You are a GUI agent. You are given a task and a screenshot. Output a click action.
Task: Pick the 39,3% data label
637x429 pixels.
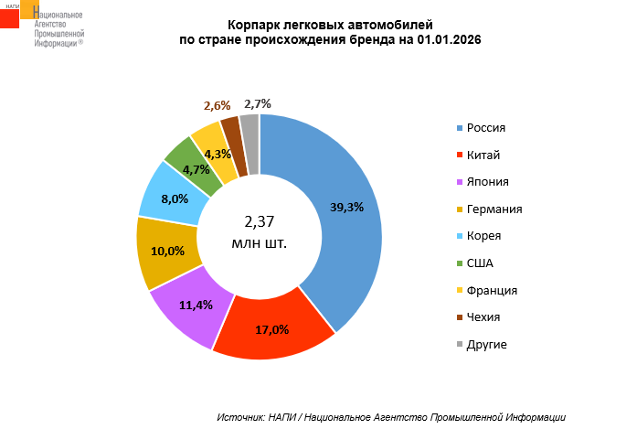(x=346, y=207)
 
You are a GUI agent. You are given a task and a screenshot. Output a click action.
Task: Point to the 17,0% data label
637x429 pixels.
(x=271, y=330)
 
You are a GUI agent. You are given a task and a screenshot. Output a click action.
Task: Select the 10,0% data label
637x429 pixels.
(x=167, y=251)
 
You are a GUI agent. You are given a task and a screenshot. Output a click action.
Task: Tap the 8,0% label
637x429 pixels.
(x=174, y=198)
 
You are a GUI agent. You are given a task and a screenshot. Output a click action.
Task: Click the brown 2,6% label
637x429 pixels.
(x=217, y=106)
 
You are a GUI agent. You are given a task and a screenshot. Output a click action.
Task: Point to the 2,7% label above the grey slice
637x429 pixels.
(x=258, y=103)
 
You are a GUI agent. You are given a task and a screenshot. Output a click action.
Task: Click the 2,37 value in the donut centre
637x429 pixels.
(x=260, y=221)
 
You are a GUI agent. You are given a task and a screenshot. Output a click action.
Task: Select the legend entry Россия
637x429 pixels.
(x=485, y=128)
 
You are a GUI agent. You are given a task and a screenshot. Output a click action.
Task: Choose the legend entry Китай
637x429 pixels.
(x=483, y=156)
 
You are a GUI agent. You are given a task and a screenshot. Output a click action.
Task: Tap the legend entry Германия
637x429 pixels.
(x=494, y=209)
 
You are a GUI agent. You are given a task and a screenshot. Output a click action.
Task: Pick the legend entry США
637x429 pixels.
(x=479, y=263)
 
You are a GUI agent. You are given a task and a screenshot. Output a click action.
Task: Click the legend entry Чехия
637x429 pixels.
(x=483, y=317)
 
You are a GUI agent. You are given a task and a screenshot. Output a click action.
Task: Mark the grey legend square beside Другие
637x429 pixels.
(x=459, y=345)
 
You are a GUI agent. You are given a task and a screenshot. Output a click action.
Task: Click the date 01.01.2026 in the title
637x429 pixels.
(x=450, y=40)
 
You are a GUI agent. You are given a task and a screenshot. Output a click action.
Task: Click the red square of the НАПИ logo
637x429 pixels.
(x=9, y=18)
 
